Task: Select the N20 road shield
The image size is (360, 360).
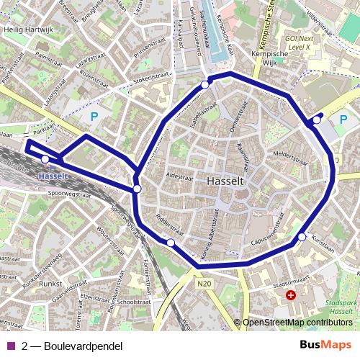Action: click(205, 284)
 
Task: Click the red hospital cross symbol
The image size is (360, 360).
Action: click(291, 294)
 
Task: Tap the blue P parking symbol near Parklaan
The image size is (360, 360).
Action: click(93, 116)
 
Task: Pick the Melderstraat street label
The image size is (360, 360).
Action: click(285, 153)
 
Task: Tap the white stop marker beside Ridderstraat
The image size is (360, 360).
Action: click(171, 243)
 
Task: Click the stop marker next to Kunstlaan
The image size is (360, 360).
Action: click(302, 237)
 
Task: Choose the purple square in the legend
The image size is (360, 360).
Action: click(10, 346)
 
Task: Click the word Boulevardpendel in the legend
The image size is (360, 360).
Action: click(83, 346)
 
